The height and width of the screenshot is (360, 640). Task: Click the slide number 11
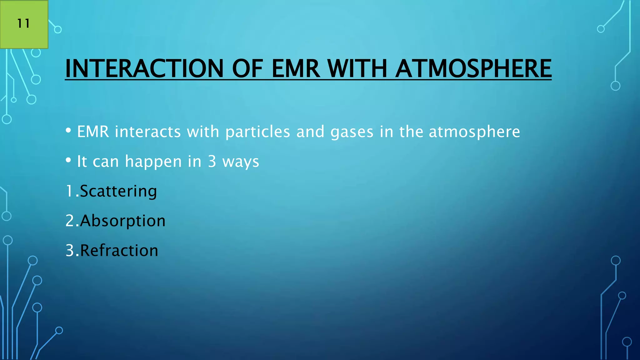[23, 23]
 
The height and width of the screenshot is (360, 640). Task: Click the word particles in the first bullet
[258, 132]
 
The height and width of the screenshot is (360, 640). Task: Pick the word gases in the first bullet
[352, 132]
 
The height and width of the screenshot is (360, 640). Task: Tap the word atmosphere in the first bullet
[474, 132]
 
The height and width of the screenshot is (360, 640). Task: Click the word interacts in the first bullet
[148, 132]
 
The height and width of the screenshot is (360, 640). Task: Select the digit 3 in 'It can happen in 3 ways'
[212, 162]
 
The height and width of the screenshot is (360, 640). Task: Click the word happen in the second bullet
[153, 162]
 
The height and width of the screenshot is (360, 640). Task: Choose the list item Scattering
[118, 191]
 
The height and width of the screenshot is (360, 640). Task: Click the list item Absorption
[122, 221]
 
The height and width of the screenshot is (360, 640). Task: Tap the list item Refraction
[119, 251]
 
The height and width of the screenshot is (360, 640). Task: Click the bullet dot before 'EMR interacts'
[68, 131]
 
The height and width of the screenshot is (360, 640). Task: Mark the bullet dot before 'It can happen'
[68, 161]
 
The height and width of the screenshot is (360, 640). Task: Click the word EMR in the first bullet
[93, 132]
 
